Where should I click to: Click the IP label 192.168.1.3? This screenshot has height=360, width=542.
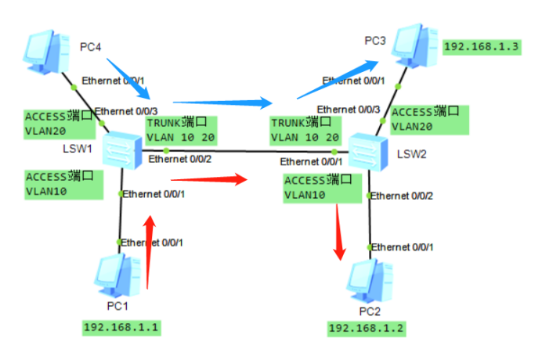pos(481,47)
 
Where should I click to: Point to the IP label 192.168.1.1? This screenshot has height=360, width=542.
pos(121,326)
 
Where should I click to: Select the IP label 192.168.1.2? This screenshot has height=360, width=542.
pos(367,328)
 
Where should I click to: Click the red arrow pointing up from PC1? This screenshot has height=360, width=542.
pos(148,252)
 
